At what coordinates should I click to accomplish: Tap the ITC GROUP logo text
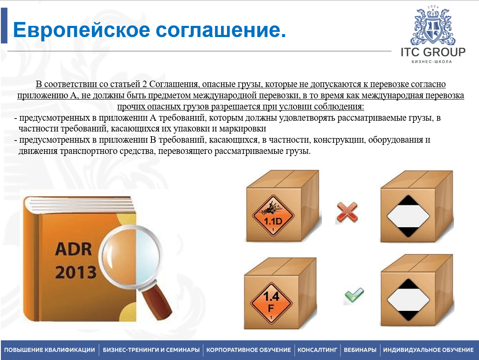click(433, 52)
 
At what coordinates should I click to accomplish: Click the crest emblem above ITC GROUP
click(433, 26)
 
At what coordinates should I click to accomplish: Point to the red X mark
click(347, 212)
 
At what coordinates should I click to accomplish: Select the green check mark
click(354, 295)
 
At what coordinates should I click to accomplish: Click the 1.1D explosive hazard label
click(273, 216)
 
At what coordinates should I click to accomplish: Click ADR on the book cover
click(73, 249)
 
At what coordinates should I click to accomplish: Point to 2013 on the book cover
click(76, 272)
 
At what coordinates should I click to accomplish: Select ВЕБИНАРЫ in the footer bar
click(360, 350)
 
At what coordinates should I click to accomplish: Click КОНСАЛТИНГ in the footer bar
click(318, 350)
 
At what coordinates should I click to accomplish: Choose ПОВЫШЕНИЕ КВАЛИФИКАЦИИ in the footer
click(50, 350)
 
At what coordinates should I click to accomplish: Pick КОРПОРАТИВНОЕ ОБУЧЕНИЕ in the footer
click(249, 350)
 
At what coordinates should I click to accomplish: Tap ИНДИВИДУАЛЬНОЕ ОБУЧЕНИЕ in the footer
click(428, 350)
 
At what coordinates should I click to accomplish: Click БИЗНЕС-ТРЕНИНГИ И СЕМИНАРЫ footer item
click(151, 350)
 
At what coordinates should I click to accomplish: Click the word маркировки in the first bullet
click(243, 129)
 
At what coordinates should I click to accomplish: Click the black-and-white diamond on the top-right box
click(408, 216)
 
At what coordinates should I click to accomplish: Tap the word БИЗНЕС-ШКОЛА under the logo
click(432, 62)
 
